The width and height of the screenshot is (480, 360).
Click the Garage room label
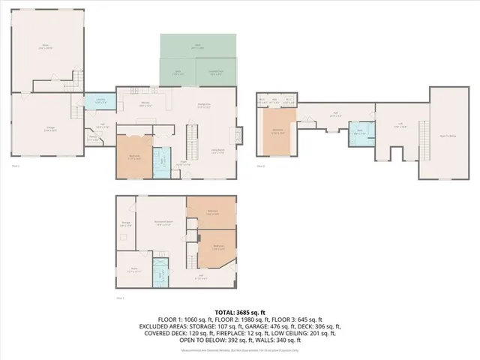click(x=50, y=128)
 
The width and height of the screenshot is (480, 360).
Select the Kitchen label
click(x=146, y=105)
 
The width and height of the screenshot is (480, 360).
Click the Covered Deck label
click(x=215, y=73)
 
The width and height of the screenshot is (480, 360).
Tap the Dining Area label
click(x=202, y=105)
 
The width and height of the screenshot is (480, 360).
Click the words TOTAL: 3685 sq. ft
click(x=239, y=311)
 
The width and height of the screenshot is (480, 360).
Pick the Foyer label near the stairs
click(x=182, y=162)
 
